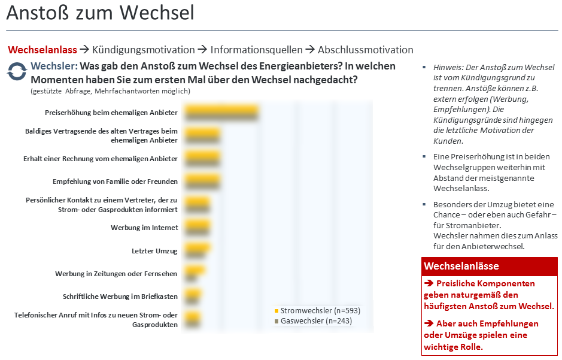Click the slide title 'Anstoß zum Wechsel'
[x=100, y=13]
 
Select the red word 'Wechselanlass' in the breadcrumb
[x=42, y=50]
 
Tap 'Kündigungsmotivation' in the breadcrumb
[x=144, y=50]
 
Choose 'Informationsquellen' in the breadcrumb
[x=256, y=50]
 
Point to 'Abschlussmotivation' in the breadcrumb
[x=365, y=50]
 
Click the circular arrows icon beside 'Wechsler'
[x=17, y=72]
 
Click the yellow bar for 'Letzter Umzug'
[x=197, y=247]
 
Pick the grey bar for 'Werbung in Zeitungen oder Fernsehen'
[x=191, y=278]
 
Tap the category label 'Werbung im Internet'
[x=144, y=228]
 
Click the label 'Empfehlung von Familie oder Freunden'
[x=115, y=181]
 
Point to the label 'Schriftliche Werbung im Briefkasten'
[x=120, y=297]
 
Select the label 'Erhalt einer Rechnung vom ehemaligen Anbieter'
[x=101, y=159]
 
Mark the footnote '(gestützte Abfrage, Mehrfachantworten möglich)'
[x=110, y=91]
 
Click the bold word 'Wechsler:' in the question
[x=54, y=66]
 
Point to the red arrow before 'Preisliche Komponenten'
[x=429, y=283]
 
